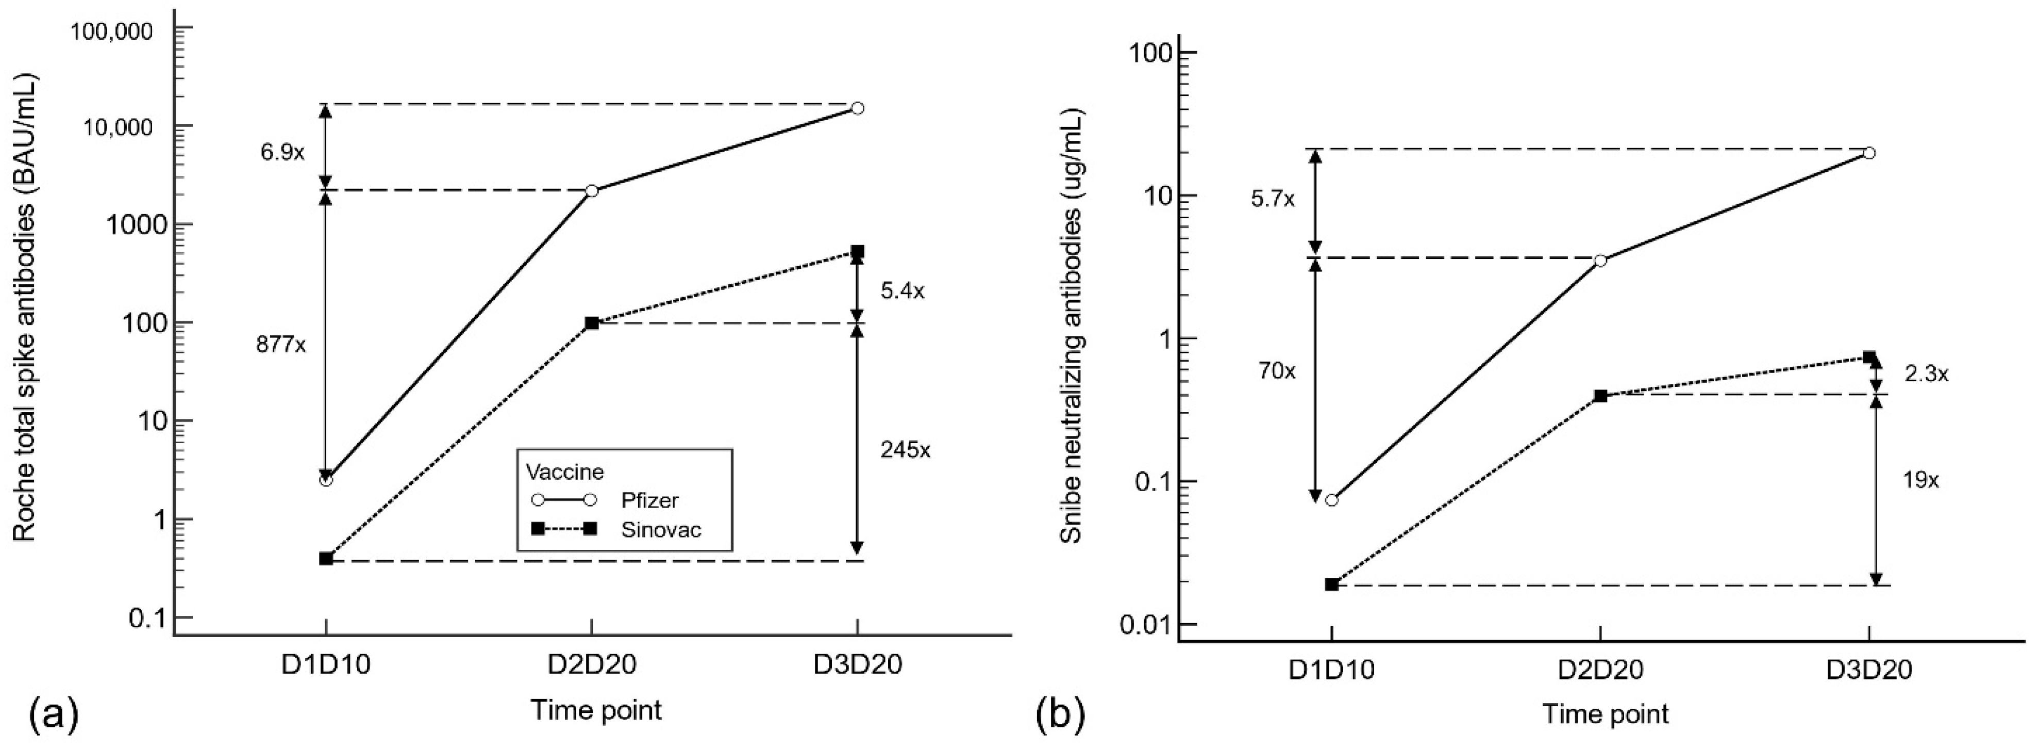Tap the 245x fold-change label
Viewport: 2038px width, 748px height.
coord(905,450)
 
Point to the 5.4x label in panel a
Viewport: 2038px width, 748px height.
coord(902,291)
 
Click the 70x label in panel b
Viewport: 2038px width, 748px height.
coord(1277,370)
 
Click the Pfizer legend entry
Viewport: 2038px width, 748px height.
coord(649,500)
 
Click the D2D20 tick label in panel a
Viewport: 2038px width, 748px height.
coord(591,665)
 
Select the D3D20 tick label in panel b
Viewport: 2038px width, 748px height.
coord(1869,671)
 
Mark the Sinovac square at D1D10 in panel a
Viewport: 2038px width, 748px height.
coord(326,559)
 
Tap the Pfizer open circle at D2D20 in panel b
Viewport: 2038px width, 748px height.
coord(1600,261)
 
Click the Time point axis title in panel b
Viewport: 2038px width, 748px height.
coord(1605,714)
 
